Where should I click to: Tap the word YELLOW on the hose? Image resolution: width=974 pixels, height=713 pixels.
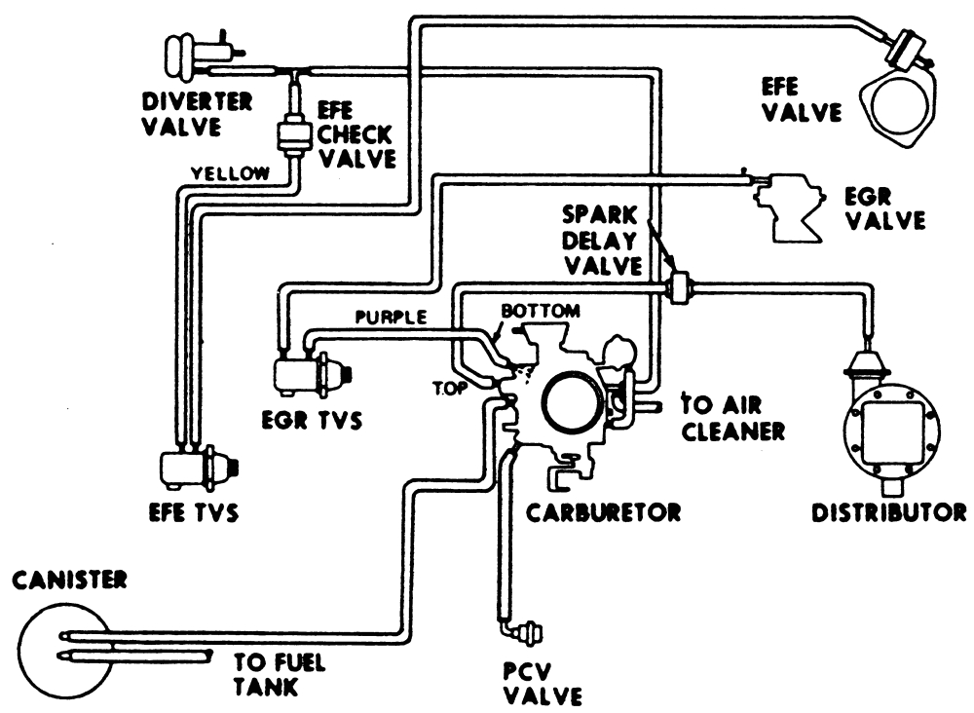230,173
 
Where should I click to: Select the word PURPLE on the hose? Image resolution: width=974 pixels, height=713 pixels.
390,318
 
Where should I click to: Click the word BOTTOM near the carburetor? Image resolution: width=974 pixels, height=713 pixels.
541,311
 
